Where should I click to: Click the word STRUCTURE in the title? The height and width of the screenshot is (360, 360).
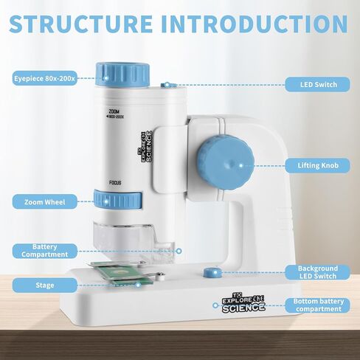80,24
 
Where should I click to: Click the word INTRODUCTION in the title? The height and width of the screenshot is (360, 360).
255,24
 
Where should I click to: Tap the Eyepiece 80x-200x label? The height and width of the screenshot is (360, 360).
44,78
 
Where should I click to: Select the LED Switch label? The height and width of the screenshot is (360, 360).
317,85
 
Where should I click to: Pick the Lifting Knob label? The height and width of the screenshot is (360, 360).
317,165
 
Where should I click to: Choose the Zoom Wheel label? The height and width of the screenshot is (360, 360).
44,202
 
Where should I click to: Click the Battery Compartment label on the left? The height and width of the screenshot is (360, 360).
44,251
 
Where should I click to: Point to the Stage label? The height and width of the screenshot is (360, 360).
44,285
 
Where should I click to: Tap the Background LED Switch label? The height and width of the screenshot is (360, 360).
317,272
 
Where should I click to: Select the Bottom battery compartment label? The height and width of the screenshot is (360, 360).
317,305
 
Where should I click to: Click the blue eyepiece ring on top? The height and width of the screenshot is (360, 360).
122,75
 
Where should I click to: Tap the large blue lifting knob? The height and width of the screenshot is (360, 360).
225,164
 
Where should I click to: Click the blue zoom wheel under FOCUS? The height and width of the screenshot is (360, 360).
118,199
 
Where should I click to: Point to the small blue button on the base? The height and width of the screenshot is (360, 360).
212,273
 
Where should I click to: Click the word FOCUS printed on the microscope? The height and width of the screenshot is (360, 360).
115,183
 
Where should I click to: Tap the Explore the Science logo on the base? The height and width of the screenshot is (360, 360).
243,303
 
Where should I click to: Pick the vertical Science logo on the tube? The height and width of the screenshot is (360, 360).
147,147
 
